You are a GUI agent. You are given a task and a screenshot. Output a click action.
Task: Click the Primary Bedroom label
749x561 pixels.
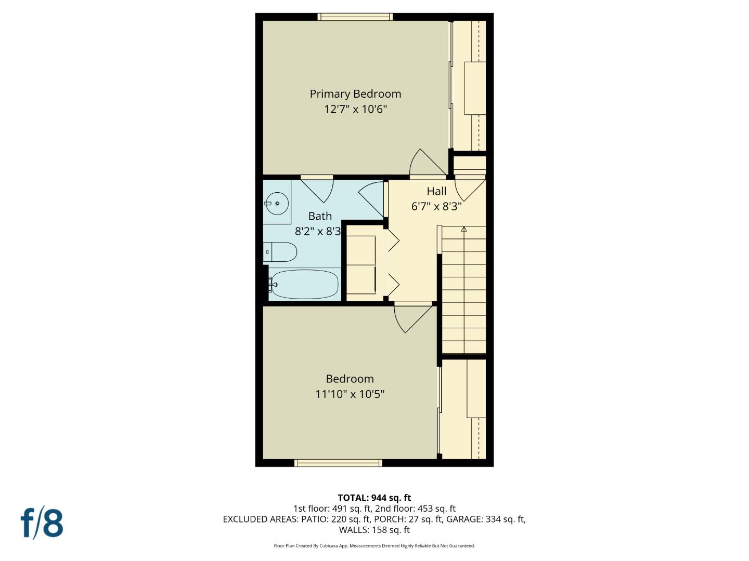[x=355, y=94]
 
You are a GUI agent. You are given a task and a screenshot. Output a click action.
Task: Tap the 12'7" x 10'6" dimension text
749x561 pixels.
[x=355, y=110]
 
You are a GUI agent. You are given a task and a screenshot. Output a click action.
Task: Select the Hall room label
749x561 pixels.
[x=436, y=191]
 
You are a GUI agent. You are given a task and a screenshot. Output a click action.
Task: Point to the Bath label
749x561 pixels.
[x=320, y=216]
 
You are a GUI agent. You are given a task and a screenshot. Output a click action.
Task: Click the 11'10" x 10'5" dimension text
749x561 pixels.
[x=350, y=394]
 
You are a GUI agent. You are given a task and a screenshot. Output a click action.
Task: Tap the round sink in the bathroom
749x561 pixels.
[x=277, y=204]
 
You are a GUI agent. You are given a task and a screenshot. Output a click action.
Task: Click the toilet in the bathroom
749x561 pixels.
[x=281, y=252]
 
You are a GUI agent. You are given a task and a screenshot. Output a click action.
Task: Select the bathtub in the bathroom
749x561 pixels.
[x=304, y=284]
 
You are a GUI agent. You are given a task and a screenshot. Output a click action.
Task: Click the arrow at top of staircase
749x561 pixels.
[x=464, y=229]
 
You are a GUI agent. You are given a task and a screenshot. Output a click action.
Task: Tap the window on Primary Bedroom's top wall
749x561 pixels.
[x=355, y=17]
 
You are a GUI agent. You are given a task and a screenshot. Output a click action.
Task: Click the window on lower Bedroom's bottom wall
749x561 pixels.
[x=338, y=463]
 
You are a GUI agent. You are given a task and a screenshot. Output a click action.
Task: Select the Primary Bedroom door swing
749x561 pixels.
[x=427, y=163]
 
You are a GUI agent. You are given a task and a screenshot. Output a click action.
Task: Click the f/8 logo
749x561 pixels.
[x=42, y=523]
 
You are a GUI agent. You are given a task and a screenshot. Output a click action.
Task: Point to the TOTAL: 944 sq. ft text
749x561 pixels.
[x=374, y=498]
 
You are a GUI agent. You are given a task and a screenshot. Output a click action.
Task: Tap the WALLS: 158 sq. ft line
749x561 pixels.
[x=374, y=530]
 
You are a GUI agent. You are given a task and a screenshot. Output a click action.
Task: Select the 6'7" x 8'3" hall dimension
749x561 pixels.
[x=436, y=207]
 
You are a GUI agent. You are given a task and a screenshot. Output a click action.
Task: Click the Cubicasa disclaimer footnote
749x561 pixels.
[x=374, y=546]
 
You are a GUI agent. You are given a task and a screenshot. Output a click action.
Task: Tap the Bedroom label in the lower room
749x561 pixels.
[x=350, y=379]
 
